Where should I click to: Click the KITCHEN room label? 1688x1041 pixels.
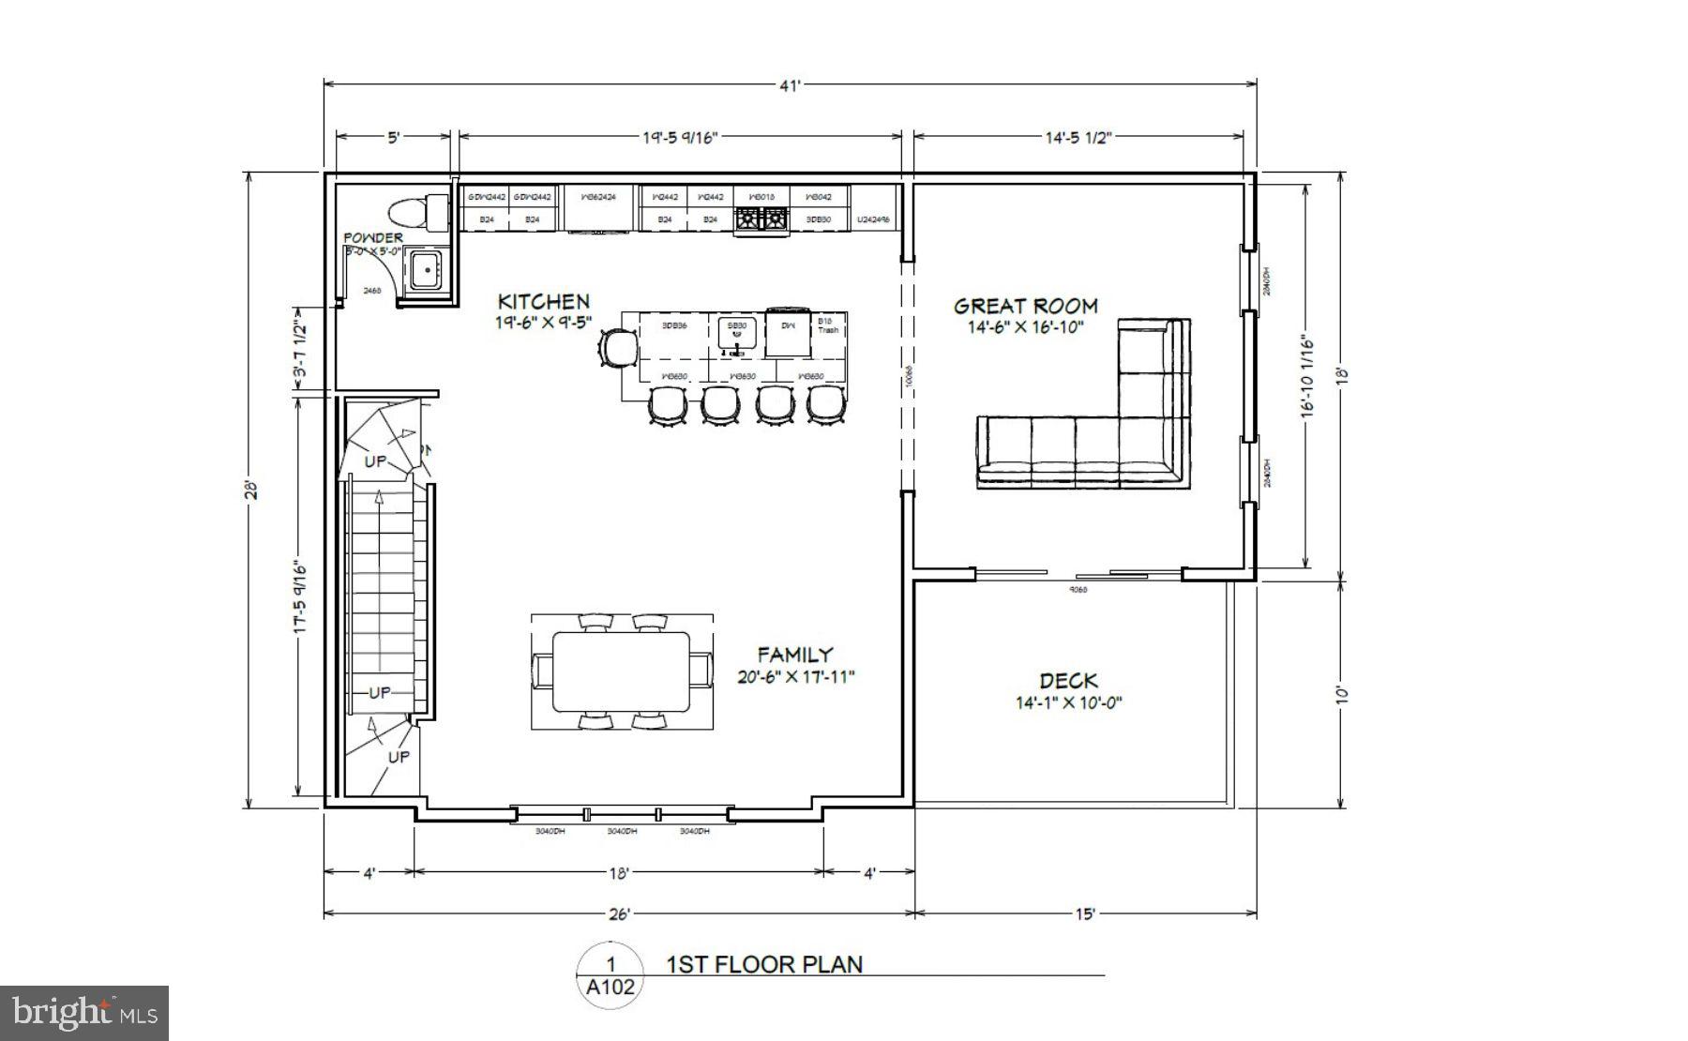(543, 302)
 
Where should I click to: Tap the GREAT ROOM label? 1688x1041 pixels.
(1025, 306)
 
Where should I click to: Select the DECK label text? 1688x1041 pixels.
(1068, 681)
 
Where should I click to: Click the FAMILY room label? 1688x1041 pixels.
(795, 655)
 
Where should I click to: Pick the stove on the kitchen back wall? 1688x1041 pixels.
(761, 219)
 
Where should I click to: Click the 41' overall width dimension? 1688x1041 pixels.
(790, 86)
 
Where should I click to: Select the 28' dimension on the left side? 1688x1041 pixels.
(249, 490)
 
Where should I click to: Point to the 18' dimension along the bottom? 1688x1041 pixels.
(618, 873)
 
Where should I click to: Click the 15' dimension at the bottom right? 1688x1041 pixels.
(1084, 913)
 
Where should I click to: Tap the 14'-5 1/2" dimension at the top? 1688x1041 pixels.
(1078, 138)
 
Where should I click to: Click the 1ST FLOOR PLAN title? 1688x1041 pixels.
(764, 964)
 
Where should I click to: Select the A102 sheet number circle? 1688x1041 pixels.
(610, 976)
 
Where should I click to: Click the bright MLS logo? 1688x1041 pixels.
(84, 1013)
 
